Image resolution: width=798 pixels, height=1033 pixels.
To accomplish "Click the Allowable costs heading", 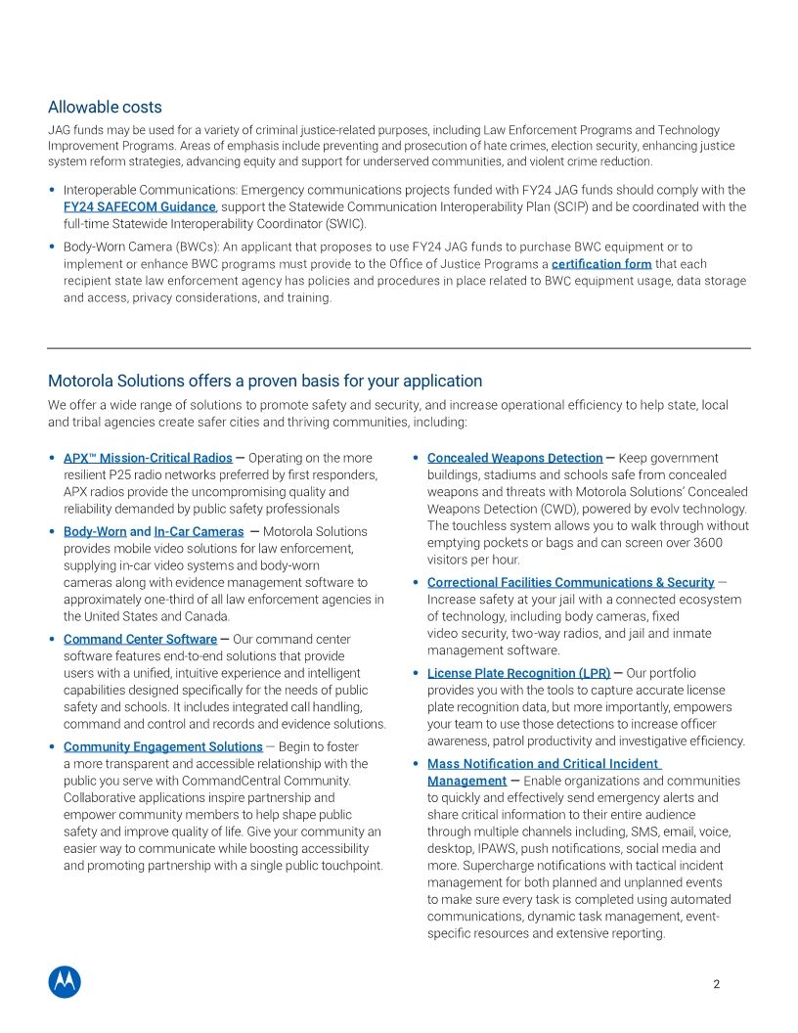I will pos(105,107).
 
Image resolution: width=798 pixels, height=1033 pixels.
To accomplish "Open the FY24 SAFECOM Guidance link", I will pos(139,206).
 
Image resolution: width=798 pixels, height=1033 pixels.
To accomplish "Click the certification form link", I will pos(601,264).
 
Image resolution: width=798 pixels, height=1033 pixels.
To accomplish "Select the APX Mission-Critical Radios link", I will pos(148,458).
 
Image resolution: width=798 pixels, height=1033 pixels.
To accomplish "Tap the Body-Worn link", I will pos(95,531).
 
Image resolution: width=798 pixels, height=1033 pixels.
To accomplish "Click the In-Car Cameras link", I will pos(199,531).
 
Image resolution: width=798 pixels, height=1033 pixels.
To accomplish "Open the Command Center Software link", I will pos(140,639).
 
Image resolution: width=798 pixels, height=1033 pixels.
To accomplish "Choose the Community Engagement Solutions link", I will pos(162,746).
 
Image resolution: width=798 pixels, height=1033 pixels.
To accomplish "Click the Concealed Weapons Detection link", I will pos(514,458).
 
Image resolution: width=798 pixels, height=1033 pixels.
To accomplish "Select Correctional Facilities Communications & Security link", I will pos(570,582).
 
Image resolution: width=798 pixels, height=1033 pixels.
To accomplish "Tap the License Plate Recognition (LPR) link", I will pos(518,673).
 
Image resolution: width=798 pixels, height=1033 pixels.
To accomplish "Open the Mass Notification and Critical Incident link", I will pos(544,763).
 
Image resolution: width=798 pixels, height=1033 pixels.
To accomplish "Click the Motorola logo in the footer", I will pos(65,981).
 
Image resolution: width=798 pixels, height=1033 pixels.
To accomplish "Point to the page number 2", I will pos(716,984).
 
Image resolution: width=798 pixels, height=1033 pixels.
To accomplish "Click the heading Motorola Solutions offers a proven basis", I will pos(265,381).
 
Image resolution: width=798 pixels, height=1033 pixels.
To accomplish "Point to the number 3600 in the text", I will pos(705,543).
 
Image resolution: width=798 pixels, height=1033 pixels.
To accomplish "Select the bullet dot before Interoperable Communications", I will pos(52,190).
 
